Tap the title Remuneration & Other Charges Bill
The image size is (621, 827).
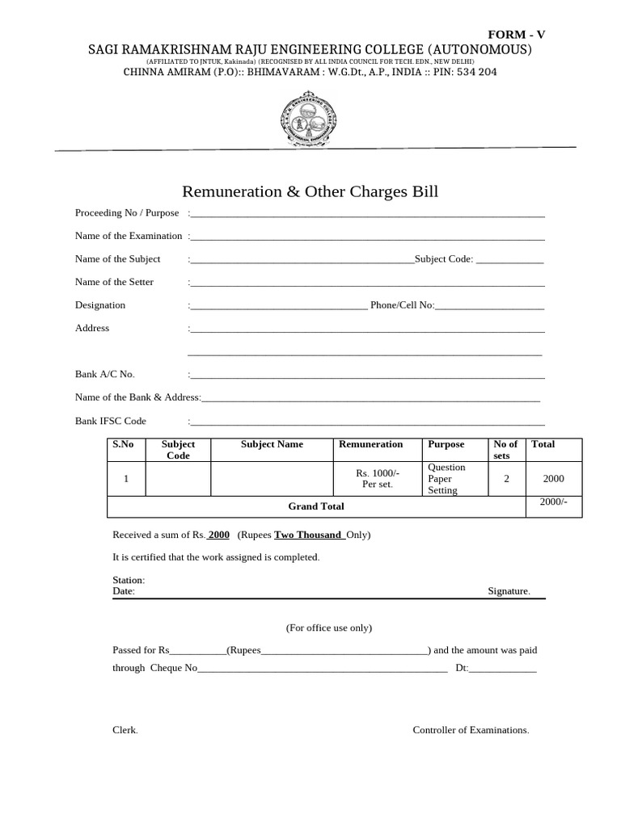pos(310,191)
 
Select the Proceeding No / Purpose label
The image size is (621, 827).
pos(127,212)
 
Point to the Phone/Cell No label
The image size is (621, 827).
pos(402,305)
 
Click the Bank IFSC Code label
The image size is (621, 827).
pos(111,421)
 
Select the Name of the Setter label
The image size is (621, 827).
pos(114,282)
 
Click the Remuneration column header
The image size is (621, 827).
pos(370,444)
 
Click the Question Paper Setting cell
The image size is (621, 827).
pos(446,479)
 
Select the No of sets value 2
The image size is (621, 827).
pos(506,479)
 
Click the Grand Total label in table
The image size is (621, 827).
pos(316,506)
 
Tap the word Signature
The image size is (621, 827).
pos(509,591)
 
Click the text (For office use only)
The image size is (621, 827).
pos(329,628)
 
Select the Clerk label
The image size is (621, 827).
pos(125,730)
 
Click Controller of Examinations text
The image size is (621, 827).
pos(471,730)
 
